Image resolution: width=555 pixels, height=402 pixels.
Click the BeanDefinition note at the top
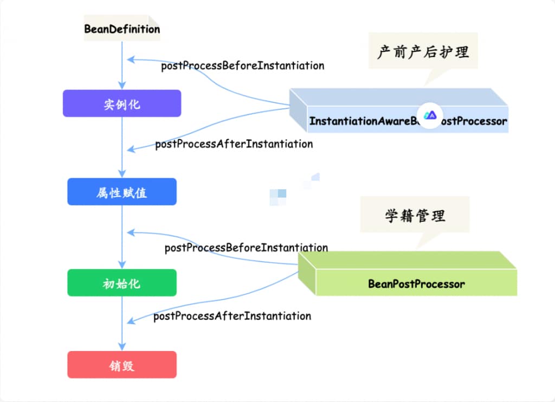tap(122, 28)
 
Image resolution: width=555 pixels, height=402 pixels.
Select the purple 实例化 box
tap(122, 103)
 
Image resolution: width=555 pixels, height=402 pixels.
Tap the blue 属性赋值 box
tap(122, 192)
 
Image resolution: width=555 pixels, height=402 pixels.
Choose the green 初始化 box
tap(122, 283)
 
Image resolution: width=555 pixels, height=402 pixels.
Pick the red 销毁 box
tap(122, 365)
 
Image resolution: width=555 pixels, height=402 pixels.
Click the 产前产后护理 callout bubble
tap(423, 52)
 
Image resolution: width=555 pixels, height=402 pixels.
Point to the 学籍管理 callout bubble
tap(415, 216)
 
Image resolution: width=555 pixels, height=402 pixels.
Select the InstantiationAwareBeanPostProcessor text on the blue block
tap(408, 121)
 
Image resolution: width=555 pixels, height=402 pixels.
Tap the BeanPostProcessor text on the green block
tap(416, 283)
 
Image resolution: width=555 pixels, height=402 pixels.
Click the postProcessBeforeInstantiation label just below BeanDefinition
tap(242, 66)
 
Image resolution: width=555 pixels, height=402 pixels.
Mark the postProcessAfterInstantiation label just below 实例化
tap(234, 144)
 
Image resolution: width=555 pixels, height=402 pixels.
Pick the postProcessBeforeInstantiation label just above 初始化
tap(246, 248)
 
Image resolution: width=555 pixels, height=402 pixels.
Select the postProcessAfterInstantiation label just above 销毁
tap(232, 316)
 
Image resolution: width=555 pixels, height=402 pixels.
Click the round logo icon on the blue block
tap(430, 115)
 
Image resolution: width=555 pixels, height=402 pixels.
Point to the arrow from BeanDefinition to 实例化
tap(122, 65)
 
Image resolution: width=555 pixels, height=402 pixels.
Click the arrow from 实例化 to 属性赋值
tap(122, 146)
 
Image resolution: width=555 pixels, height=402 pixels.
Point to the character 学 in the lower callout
tap(392, 216)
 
